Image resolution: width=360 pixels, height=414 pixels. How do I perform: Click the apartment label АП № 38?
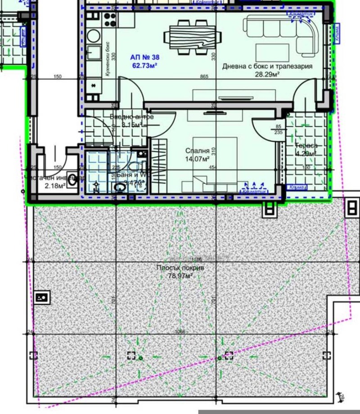[144, 58]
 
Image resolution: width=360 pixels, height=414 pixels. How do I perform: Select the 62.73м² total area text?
[144, 66]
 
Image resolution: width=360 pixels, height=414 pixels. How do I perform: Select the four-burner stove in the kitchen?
[110, 19]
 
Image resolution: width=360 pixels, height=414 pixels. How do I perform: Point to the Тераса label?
[306, 146]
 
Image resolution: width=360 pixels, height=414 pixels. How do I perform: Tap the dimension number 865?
[204, 77]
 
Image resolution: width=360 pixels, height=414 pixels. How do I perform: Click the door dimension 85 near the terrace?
[278, 126]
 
